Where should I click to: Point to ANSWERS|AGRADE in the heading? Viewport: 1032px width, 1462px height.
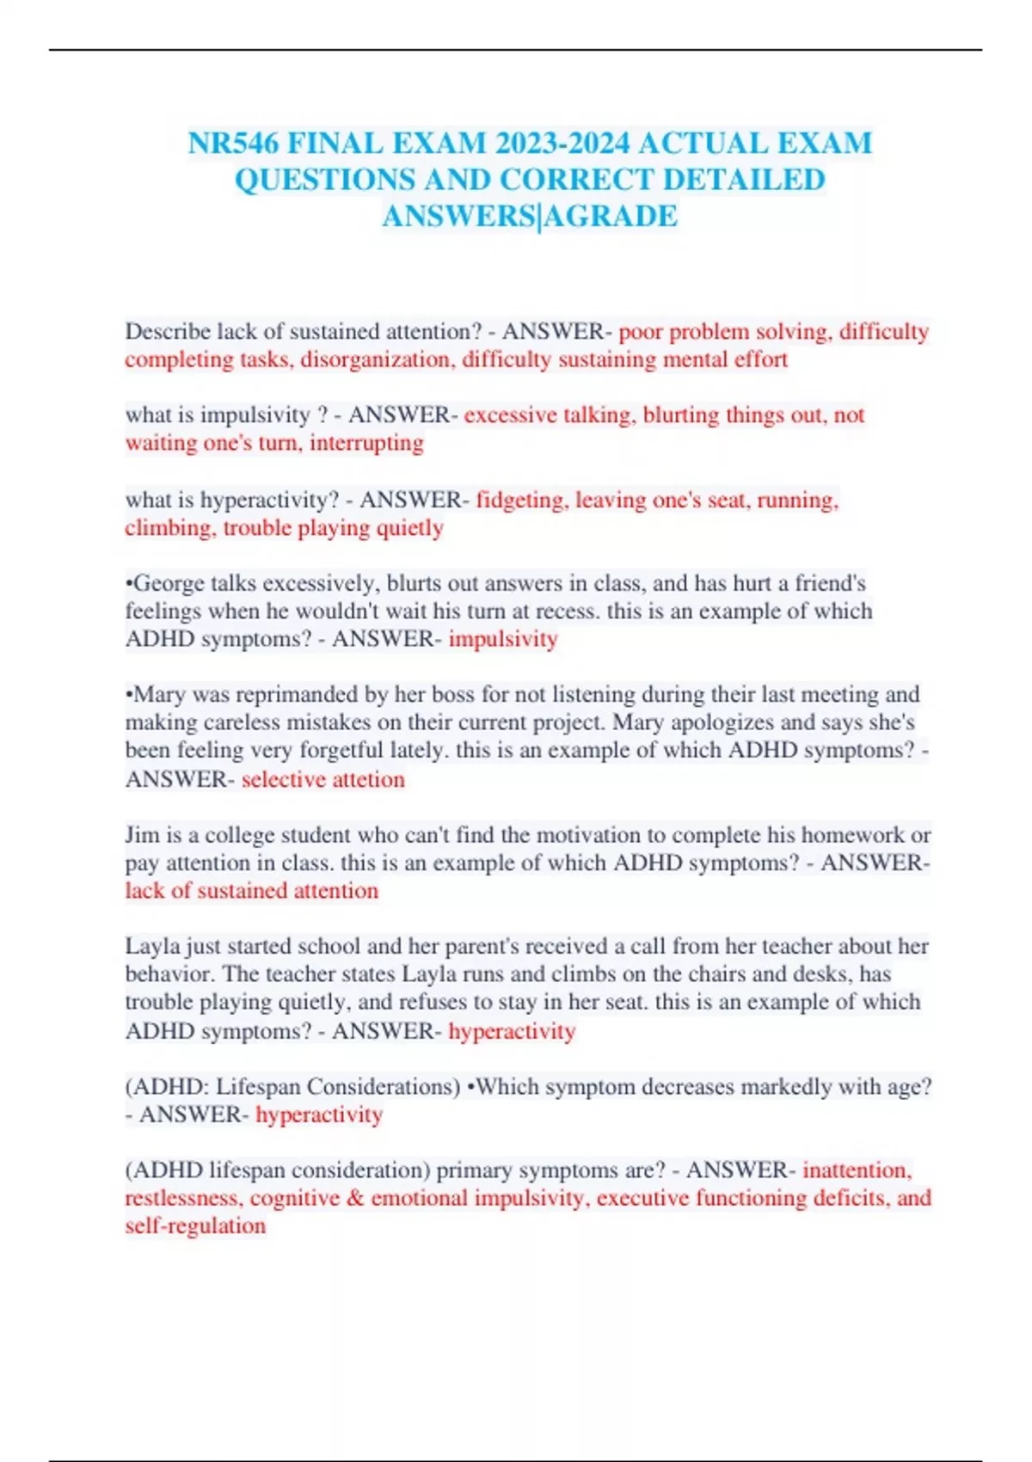[x=530, y=216]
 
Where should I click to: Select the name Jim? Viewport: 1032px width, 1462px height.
[x=142, y=835]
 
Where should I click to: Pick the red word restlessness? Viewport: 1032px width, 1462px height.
[x=182, y=1198]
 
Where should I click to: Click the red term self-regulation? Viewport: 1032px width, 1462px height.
[x=195, y=1225]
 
